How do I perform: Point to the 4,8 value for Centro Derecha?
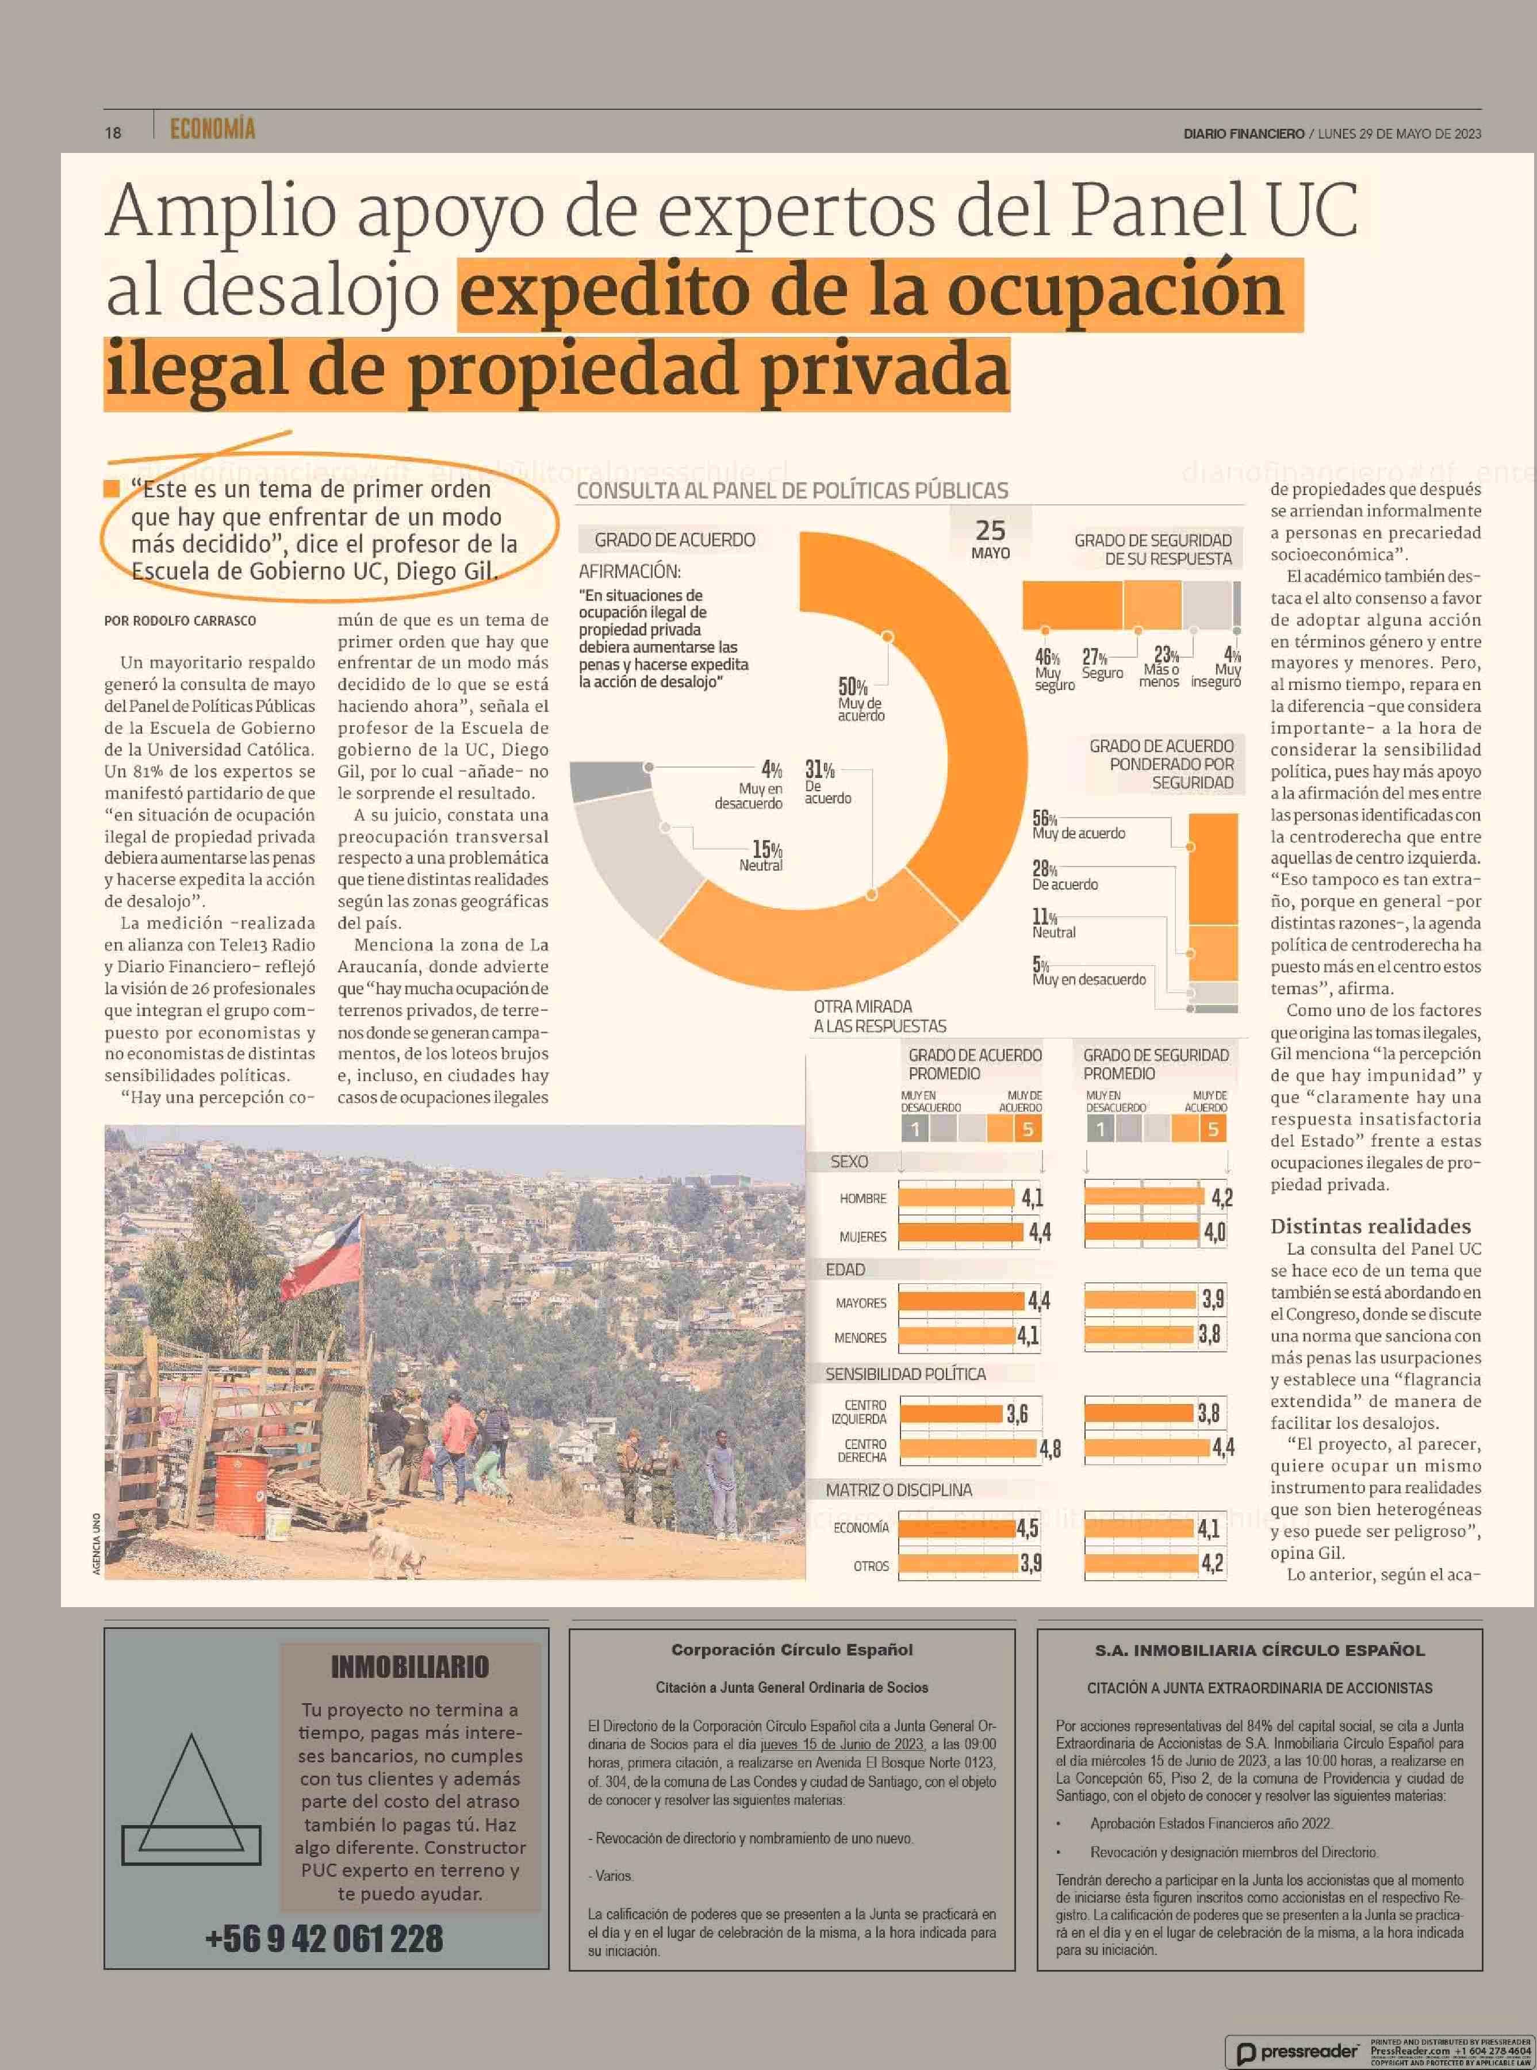click(1049, 1448)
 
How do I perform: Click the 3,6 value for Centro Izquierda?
click(1017, 1414)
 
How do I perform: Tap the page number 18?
click(113, 132)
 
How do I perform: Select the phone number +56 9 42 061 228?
click(324, 1939)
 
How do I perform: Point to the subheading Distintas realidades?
click(1370, 1226)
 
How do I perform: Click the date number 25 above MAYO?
click(990, 530)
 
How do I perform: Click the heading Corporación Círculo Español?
click(792, 1650)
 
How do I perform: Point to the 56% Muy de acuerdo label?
click(1078, 825)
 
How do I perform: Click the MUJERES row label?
click(863, 1236)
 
